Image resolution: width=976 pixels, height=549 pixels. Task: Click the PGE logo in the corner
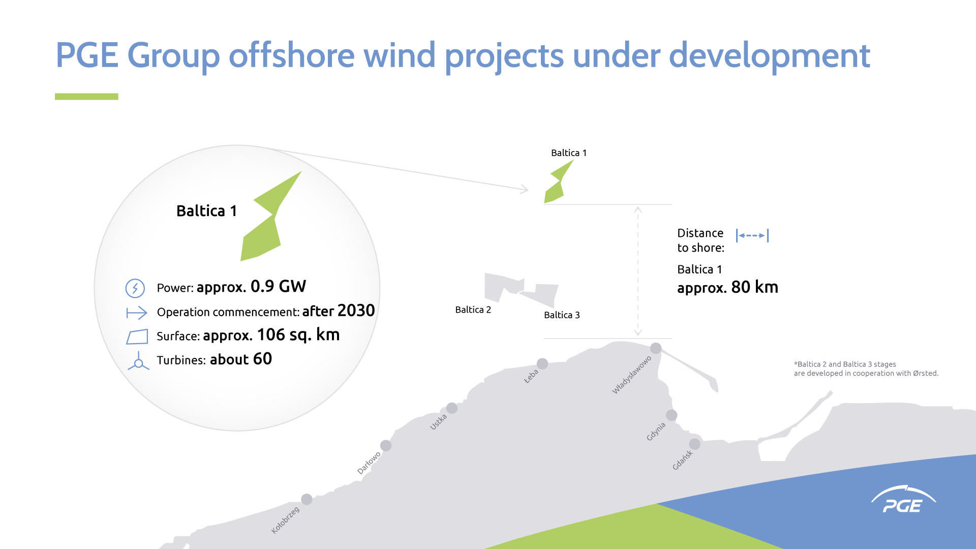pos(903,500)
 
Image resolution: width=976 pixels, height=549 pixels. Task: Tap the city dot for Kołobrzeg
pos(307,499)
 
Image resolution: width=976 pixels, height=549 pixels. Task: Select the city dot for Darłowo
pos(386,446)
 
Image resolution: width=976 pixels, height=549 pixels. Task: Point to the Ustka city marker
pos(452,408)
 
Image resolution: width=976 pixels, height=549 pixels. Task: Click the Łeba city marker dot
pos(542,364)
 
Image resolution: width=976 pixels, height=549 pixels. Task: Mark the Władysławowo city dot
pos(656,348)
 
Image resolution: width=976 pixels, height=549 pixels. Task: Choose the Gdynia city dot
pos(672,415)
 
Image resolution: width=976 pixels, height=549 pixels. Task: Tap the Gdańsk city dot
pos(694,444)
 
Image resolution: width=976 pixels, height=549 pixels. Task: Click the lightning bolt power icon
pos(135,288)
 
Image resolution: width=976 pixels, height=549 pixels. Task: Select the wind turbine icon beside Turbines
pos(138,361)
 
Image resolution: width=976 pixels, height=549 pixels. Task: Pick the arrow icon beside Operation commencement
pos(137,313)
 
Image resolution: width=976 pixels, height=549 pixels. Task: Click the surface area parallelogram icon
pos(137,337)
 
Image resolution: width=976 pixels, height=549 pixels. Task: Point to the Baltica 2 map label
pos(473,310)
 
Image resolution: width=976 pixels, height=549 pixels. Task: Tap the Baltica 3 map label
pos(562,315)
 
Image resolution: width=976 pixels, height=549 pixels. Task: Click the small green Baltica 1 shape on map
pos(557,184)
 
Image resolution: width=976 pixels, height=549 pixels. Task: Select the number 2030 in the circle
pos(356,311)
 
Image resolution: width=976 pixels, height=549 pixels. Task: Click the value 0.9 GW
pos(278,287)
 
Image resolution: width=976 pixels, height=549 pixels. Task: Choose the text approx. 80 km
pos(727,288)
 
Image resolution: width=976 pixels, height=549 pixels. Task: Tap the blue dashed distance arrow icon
pos(752,235)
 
